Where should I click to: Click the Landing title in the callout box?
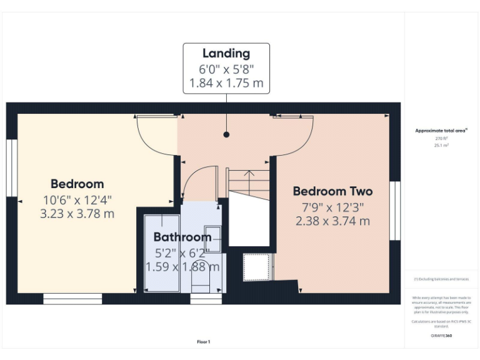coord(226,54)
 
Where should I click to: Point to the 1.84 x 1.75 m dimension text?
coord(226,82)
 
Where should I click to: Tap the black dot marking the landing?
coord(226,134)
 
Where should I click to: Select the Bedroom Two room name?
coord(332,191)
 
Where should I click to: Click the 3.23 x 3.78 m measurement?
coord(77,214)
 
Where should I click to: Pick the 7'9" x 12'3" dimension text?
coord(332,206)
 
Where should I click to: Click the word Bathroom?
coord(182,237)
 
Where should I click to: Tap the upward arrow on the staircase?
coord(249,178)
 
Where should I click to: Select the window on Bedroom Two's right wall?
coord(394,211)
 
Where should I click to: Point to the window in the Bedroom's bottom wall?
coord(72,299)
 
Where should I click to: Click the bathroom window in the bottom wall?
coord(206,299)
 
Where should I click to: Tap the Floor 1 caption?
coord(204,341)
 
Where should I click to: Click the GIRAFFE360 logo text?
coord(441,336)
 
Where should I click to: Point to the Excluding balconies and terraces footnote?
coord(441,279)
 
